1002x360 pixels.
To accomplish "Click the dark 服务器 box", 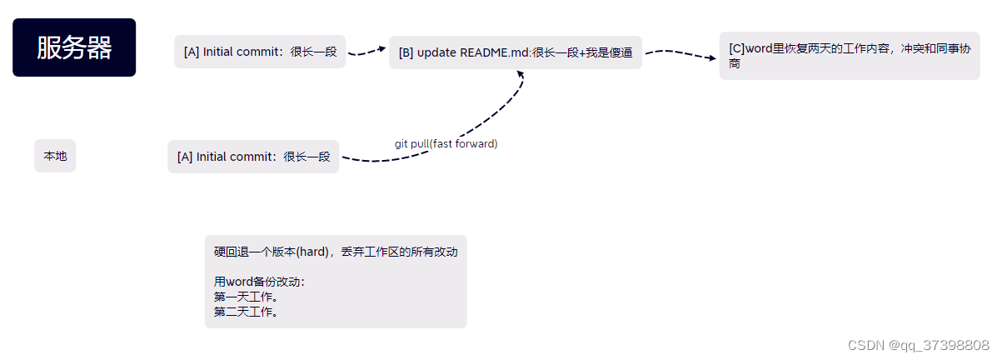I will pyautogui.click(x=74, y=47).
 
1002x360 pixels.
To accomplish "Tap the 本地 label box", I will pyautogui.click(x=55, y=156).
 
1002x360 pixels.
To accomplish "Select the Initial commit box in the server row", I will pyautogui.click(x=260, y=52).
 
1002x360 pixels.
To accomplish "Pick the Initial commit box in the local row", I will pyautogui.click(x=253, y=157).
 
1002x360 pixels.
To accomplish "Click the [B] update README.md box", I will pyautogui.click(x=516, y=52).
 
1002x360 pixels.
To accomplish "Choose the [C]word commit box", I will pyautogui.click(x=849, y=56).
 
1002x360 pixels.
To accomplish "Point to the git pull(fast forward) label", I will pyautogui.click(x=446, y=143).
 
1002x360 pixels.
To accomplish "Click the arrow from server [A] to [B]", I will pyautogui.click(x=366, y=52).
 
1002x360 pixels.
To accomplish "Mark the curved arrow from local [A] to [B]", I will pyautogui.click(x=483, y=125).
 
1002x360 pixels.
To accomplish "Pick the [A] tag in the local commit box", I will pyautogui.click(x=185, y=157).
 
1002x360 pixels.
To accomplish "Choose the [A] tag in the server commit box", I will pyautogui.click(x=192, y=52).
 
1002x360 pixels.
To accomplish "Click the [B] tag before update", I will pyautogui.click(x=406, y=52).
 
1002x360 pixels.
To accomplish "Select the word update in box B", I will pyautogui.click(x=436, y=52).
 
